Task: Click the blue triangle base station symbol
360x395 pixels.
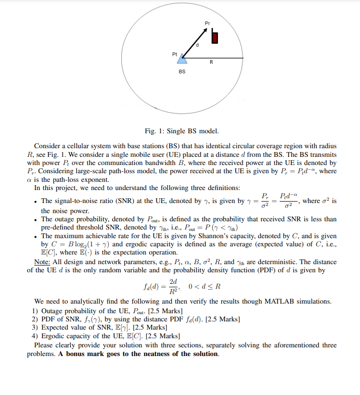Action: pos(182,58)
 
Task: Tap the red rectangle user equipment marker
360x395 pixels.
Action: pos(215,38)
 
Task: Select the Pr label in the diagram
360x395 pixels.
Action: pos(207,23)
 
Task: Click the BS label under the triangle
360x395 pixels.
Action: pos(182,72)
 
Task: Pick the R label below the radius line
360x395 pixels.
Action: pos(212,64)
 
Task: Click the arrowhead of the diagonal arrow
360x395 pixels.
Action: pos(205,30)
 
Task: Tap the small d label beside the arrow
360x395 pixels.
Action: pos(197,45)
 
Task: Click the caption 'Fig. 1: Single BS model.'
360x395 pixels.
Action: pos(181,131)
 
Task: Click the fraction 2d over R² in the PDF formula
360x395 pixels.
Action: pos(173,287)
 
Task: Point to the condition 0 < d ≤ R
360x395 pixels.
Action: pos(205,287)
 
